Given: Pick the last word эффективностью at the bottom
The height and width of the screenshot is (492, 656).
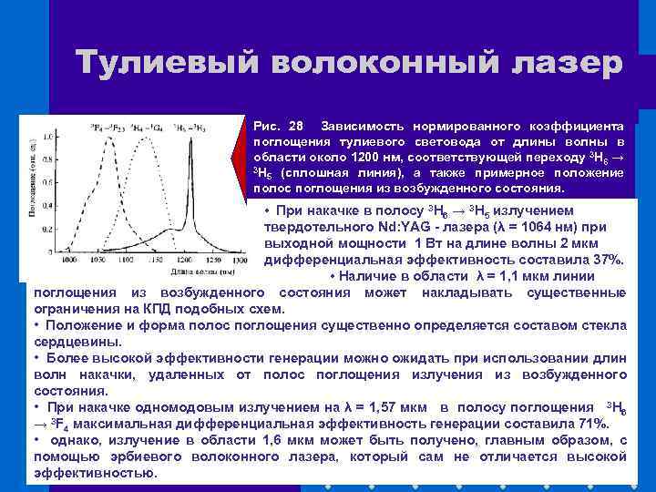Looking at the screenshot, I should click(x=95, y=474).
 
